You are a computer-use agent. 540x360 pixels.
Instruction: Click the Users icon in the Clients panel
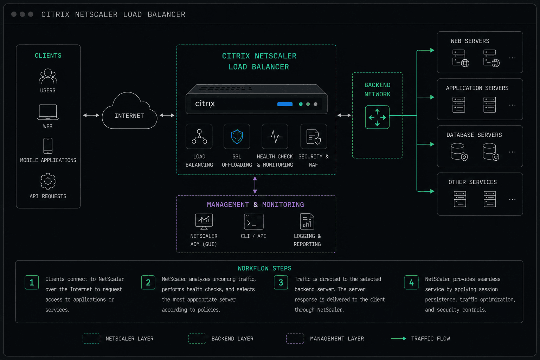tap(48, 76)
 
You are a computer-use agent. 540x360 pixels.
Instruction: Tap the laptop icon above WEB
tap(48, 112)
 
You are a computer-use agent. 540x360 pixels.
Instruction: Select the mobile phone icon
tap(48, 146)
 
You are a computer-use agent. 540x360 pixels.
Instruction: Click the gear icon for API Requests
tap(48, 181)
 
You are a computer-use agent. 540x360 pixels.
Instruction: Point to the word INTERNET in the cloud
tap(129, 116)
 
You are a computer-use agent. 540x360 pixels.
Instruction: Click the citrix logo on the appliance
tap(205, 104)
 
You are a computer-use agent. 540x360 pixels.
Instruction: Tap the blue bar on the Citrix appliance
tap(285, 104)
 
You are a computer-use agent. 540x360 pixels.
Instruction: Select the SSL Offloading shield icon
tap(237, 136)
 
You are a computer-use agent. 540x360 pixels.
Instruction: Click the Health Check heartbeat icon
tap(275, 136)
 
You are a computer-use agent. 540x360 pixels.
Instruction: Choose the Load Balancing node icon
tap(199, 136)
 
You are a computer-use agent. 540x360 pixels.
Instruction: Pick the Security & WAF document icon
tap(313, 136)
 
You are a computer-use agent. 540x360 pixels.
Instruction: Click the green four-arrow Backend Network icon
tap(377, 117)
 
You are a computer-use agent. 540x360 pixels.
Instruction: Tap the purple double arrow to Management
tap(255, 185)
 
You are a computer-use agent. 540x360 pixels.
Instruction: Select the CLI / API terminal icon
tap(253, 221)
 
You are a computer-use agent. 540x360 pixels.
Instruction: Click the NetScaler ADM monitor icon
tap(204, 221)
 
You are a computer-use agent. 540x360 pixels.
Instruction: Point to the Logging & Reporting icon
tap(307, 221)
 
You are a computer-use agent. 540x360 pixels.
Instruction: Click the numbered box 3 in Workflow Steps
tap(281, 282)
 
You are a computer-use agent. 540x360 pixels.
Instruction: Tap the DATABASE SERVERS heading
tap(474, 135)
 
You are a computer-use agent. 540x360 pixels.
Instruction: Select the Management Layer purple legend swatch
tap(295, 339)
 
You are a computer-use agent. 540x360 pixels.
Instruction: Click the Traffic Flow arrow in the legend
tap(398, 339)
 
